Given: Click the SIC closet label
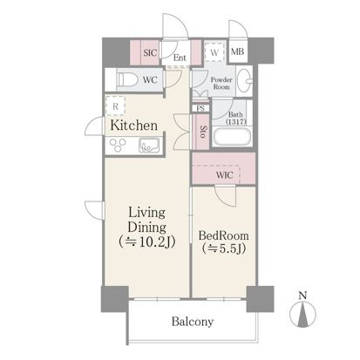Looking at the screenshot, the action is (150, 52).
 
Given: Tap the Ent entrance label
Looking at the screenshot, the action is (180, 58).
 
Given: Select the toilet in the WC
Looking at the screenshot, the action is (127, 79).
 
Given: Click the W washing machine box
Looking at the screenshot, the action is (214, 52).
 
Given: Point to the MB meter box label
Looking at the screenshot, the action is (237, 51).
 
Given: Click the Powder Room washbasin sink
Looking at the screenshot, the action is (244, 80).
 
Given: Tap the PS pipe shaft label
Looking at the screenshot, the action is (200, 108).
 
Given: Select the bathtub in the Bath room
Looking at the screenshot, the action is (232, 137).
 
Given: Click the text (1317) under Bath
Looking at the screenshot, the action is (236, 122).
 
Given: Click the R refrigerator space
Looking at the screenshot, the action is (115, 106).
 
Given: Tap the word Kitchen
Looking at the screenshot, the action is (134, 126).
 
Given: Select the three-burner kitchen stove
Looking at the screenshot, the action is (118, 145).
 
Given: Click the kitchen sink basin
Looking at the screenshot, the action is (149, 145).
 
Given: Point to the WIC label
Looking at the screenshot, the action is (224, 175).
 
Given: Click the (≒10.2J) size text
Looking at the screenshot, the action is (146, 241).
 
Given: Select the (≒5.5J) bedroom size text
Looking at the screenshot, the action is (224, 248).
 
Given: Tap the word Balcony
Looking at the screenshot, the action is (193, 322).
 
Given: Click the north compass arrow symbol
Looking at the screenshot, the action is (302, 315).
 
